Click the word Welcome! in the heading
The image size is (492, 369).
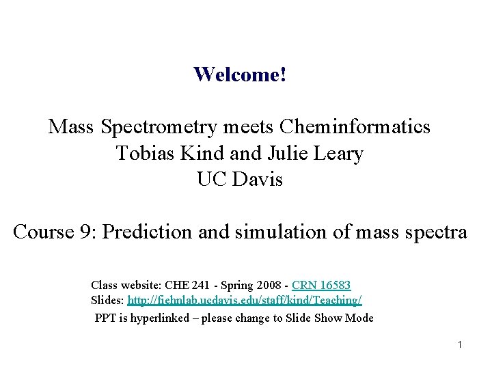pyautogui.click(x=240, y=74)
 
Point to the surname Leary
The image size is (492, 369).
pyautogui.click(x=339, y=153)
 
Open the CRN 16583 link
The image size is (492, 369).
pyautogui.click(x=321, y=284)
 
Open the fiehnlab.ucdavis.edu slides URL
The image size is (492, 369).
pyautogui.click(x=245, y=301)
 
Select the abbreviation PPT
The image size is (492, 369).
pyautogui.click(x=105, y=318)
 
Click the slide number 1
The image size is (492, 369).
pyautogui.click(x=461, y=344)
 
